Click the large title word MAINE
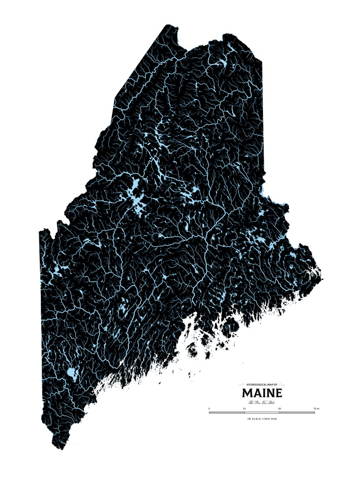[x=262, y=393]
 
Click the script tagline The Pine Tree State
[x=262, y=402]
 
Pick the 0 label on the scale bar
[x=209, y=409]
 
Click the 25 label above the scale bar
[x=244, y=409]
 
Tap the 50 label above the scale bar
[x=280, y=409]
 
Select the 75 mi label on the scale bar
[x=316, y=409]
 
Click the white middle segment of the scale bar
[x=262, y=412]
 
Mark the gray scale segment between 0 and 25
[x=227, y=412]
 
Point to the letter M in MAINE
[x=247, y=393]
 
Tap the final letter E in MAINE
[x=277, y=393]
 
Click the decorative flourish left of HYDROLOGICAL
[x=242, y=385]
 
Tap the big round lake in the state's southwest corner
[x=71, y=374]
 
